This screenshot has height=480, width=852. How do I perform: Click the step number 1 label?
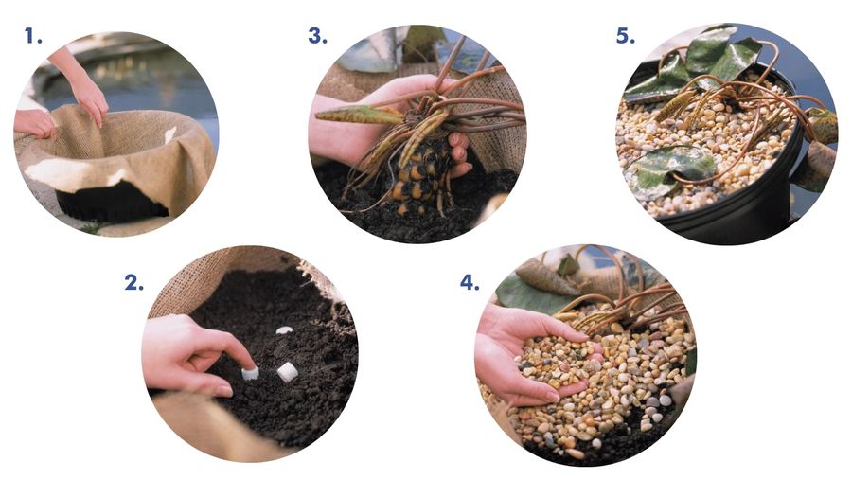[32, 36]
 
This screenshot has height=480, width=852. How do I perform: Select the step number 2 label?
[133, 283]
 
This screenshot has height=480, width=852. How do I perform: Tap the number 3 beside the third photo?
[318, 36]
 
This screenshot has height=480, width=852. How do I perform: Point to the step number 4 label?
[470, 283]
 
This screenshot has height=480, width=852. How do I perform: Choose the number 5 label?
[626, 36]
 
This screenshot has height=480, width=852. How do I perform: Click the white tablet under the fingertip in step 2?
[250, 374]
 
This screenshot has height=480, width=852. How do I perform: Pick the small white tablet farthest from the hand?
[284, 330]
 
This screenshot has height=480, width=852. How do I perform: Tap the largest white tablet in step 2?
[288, 372]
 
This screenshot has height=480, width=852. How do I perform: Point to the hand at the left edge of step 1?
[34, 123]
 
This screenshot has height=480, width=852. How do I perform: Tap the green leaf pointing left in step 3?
[359, 115]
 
